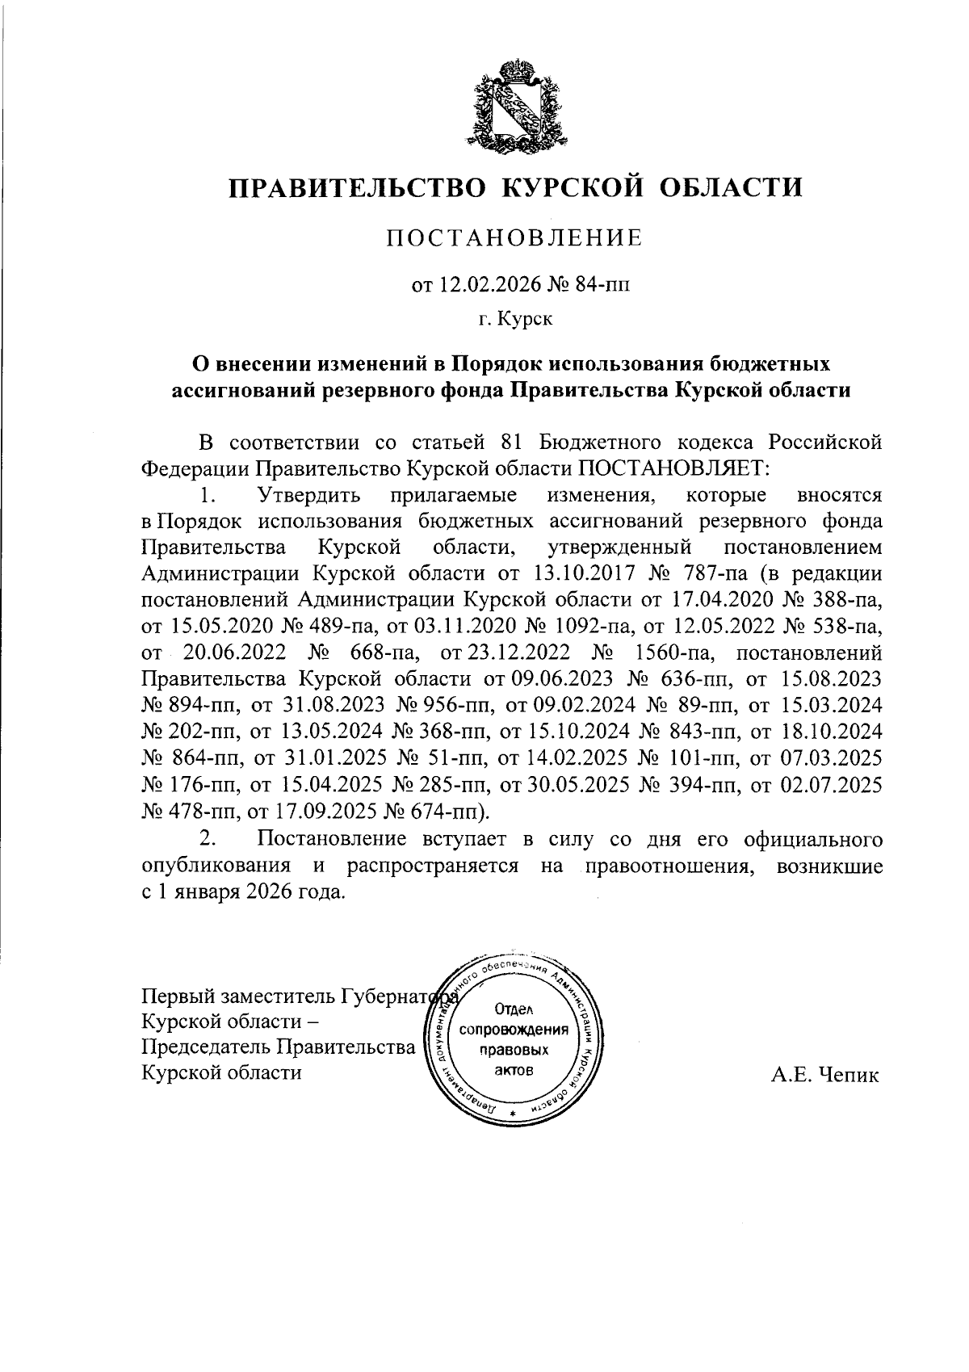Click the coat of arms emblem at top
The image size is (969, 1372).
(x=514, y=105)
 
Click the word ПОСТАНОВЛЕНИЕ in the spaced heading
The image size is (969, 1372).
(x=514, y=237)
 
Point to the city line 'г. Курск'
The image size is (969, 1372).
(x=514, y=320)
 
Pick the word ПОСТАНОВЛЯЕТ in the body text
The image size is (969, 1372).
(x=665, y=468)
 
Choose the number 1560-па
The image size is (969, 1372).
(x=674, y=652)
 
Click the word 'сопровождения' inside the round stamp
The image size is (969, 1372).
(x=514, y=1030)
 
